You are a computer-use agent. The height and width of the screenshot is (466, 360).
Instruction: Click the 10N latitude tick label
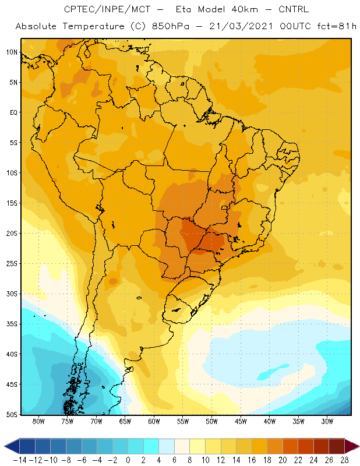tap(12, 52)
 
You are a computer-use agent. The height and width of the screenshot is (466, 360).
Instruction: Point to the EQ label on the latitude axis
tap(13, 112)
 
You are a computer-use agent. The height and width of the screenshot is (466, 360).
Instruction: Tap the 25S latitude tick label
tap(12, 264)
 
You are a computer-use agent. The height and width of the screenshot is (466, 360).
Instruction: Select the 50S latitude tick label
tap(12, 415)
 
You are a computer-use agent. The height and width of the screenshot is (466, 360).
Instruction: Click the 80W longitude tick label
tap(38, 421)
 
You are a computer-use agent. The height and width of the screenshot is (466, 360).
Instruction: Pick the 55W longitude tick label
tap(183, 421)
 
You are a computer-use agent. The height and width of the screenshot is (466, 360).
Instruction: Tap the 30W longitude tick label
tap(327, 421)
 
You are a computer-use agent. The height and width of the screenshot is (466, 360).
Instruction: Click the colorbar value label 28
tap(344, 460)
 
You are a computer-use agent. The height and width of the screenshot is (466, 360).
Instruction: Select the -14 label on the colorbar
tap(20, 460)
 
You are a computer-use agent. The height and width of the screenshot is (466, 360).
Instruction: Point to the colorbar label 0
tap(128, 460)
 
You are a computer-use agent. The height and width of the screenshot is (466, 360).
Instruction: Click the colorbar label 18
tap(267, 460)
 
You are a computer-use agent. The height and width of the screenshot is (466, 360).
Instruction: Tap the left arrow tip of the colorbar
tap(5, 446)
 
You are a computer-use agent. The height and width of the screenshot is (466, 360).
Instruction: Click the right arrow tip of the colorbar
tap(359, 446)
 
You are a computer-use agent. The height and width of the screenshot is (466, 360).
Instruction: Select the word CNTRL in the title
tap(294, 9)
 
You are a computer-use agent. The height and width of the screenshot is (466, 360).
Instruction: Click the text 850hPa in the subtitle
tap(170, 26)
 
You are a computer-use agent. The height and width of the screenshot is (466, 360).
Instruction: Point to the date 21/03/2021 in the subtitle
tap(241, 26)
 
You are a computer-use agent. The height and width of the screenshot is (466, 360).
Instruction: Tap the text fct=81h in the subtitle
tap(337, 26)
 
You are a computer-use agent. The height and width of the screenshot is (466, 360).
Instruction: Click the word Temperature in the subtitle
tap(93, 27)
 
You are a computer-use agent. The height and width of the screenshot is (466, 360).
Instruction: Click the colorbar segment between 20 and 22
tap(291, 446)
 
